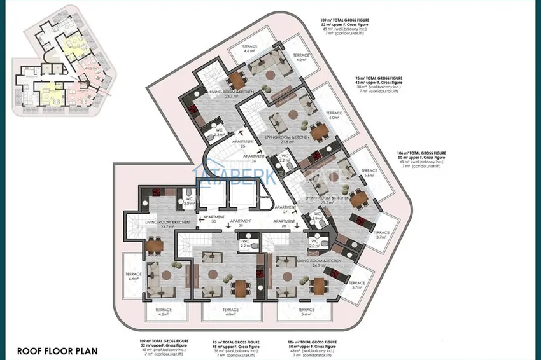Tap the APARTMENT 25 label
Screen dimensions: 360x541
point(243,143)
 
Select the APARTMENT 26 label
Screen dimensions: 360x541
point(253,158)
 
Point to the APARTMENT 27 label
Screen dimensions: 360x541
point(285,210)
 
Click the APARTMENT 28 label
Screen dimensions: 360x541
point(279,223)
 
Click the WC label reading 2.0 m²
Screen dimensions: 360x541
point(314,243)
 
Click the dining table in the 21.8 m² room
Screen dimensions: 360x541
point(319,130)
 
